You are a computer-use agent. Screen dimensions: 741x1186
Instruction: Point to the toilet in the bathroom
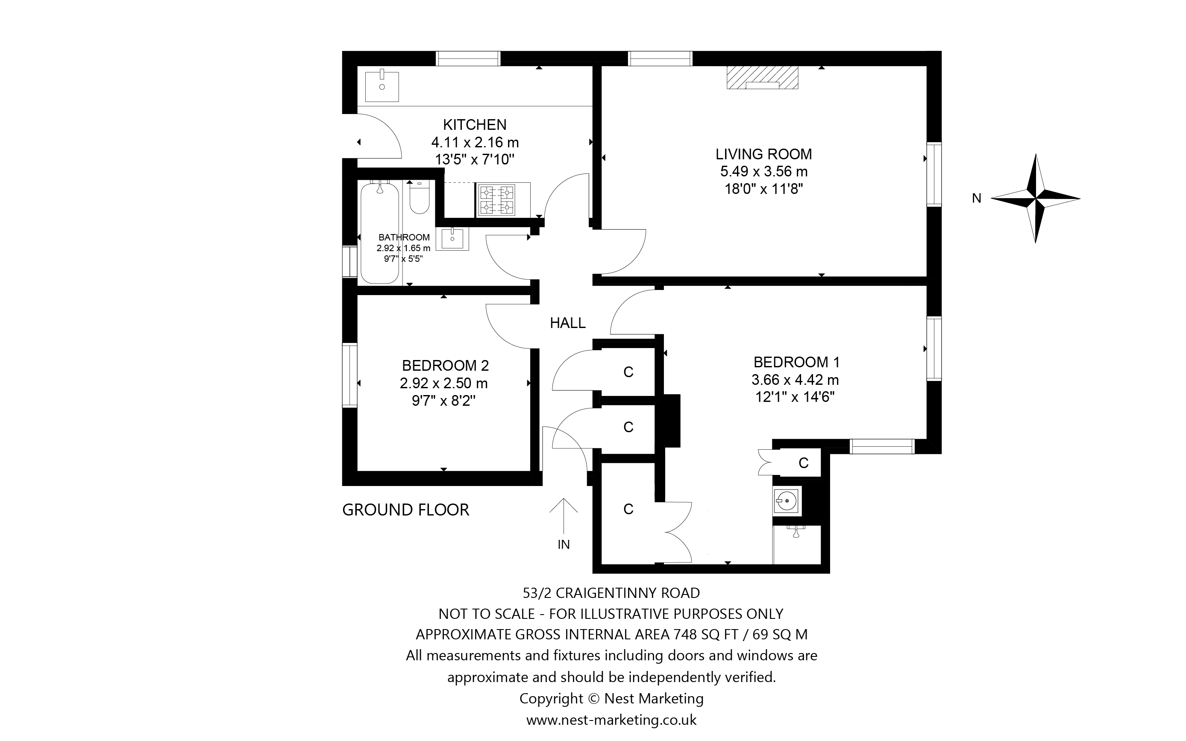[419, 199]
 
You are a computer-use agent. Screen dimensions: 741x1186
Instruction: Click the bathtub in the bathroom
[379, 233]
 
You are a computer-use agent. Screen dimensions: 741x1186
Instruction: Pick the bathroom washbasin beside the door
[452, 239]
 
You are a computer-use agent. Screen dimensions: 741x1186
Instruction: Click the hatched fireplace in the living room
[762, 77]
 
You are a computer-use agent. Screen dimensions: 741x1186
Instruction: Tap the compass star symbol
[1035, 199]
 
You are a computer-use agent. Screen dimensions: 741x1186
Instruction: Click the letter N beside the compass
[976, 199]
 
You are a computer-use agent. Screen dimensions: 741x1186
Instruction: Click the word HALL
[567, 323]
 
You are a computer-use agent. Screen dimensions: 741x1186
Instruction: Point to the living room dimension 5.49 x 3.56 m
[763, 172]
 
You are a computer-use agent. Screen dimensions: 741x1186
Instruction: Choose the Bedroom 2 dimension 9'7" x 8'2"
[443, 401]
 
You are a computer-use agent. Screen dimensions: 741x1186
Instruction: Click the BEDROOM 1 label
[796, 362]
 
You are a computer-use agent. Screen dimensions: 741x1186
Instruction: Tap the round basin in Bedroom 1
[787, 501]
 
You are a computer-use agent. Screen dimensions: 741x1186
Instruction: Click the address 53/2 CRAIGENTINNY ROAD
[611, 593]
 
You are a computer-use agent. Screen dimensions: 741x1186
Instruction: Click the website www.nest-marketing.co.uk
[611, 720]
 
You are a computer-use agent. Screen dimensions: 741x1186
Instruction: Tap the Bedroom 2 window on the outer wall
[349, 375]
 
